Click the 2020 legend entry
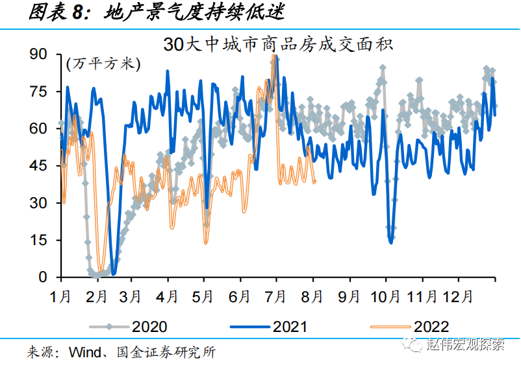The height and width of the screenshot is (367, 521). point(149,326)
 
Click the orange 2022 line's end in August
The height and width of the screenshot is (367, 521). point(315,182)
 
